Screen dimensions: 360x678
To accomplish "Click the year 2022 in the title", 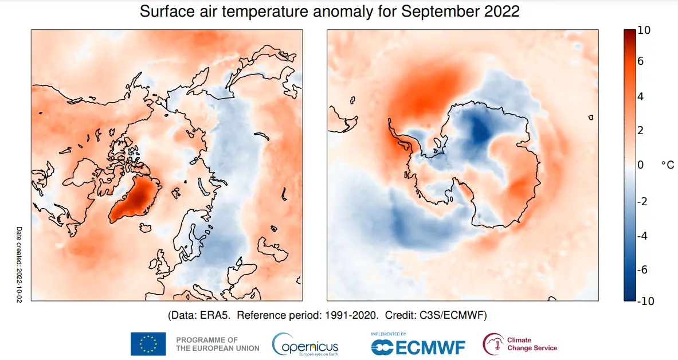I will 500,11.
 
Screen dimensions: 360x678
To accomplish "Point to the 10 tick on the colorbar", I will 644,30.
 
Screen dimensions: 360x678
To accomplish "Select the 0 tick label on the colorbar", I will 641,165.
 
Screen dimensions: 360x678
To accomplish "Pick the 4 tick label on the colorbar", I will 641,96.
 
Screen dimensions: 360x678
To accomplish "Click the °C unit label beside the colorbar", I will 667,165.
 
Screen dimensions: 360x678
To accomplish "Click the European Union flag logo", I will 148,344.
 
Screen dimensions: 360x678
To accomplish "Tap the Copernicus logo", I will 305,345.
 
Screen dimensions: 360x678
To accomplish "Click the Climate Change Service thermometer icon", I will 492,344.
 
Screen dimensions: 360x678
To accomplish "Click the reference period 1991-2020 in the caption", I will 351,316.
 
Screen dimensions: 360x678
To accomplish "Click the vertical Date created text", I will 18,265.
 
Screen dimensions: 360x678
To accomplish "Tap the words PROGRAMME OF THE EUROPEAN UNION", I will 217,344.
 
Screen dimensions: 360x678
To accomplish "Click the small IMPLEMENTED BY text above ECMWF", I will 389,334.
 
